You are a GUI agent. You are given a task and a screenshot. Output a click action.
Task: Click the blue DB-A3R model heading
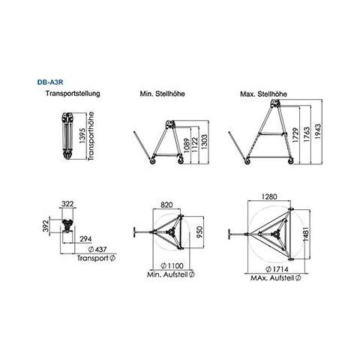pos(50,82)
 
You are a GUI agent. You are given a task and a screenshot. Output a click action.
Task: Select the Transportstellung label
pos(73,94)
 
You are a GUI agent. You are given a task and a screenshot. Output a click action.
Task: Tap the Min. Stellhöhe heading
pos(162,94)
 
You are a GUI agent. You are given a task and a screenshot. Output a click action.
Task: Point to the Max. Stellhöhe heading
pos(263,94)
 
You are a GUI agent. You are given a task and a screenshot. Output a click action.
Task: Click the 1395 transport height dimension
pos(82,136)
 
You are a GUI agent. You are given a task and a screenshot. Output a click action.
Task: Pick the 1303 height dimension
pos(204,142)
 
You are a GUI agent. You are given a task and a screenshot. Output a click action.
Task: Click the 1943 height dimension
pos(318,131)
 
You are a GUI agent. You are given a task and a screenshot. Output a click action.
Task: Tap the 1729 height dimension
pos(296,135)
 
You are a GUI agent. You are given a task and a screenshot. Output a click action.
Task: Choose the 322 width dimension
pos(67,204)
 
